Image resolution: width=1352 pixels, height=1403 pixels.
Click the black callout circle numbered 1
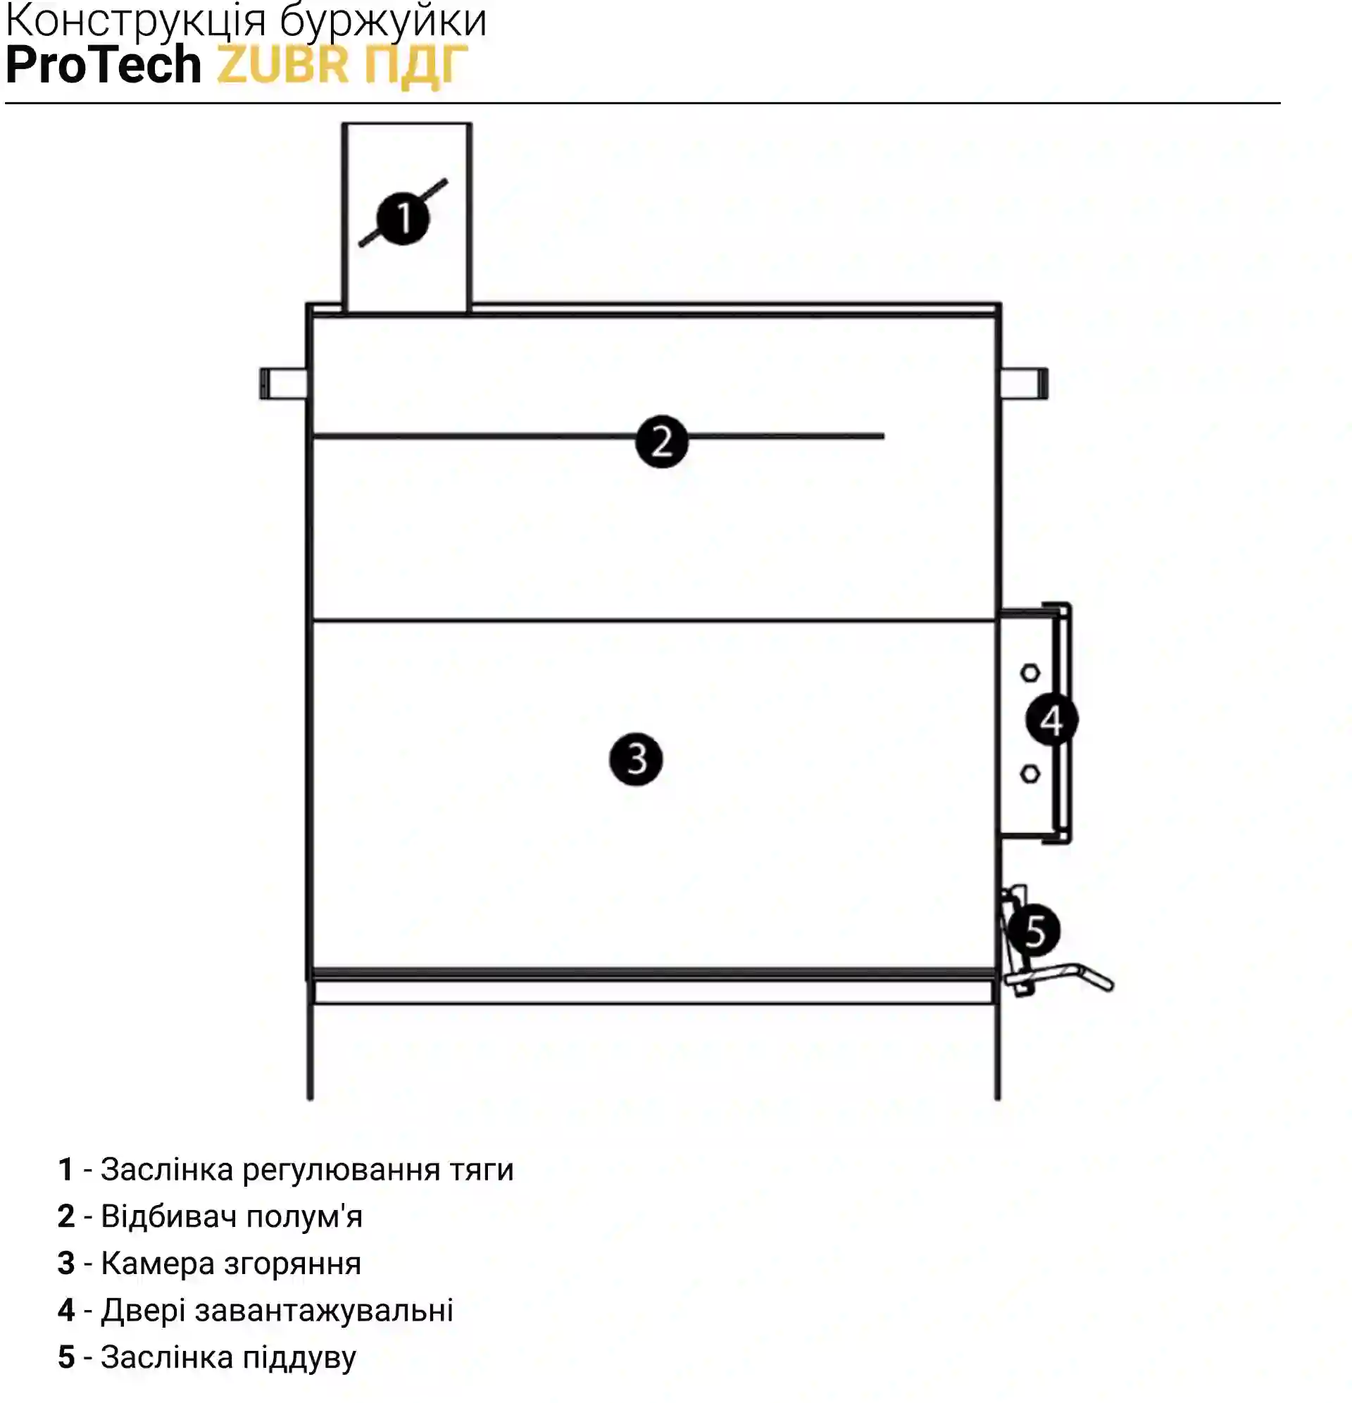(x=403, y=218)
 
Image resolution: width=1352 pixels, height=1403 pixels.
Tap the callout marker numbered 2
(x=662, y=442)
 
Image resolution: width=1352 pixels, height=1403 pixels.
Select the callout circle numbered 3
(x=637, y=759)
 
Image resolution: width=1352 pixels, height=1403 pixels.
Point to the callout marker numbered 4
(x=1051, y=719)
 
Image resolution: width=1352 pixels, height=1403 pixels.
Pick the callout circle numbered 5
(x=1034, y=930)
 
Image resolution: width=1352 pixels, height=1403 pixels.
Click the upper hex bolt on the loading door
(x=1030, y=673)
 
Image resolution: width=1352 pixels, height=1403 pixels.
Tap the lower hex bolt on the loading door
(x=1030, y=774)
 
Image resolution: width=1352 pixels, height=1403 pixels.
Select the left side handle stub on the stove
(x=283, y=384)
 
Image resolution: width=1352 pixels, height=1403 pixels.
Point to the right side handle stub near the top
(x=1024, y=383)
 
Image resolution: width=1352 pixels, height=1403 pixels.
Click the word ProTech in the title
(x=104, y=64)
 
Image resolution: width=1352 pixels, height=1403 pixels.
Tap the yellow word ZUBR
(x=282, y=64)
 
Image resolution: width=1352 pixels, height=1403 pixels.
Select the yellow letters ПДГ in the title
(x=416, y=66)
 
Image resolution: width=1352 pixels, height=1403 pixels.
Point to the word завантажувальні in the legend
(x=323, y=1311)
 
